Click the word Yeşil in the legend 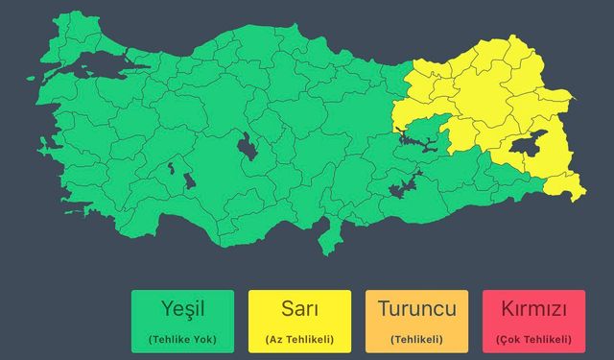182,310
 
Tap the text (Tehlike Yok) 182,340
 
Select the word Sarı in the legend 299,310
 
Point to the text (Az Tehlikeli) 299,340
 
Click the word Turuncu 416,310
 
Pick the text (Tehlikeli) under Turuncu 416,340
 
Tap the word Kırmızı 533,310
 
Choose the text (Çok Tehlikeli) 533,340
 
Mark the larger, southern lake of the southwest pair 188,180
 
